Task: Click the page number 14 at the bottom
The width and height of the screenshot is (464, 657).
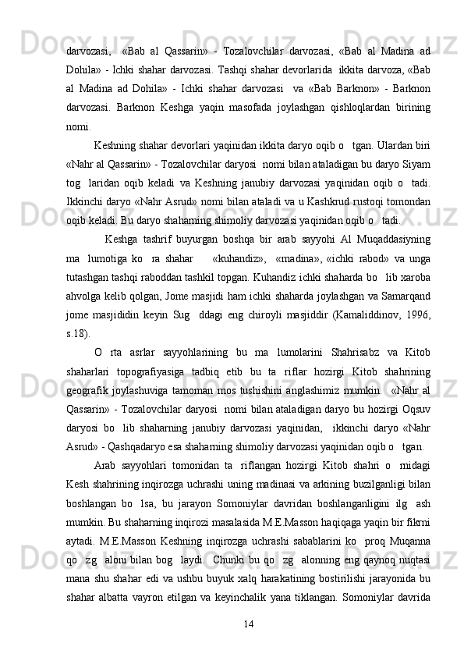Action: [x=249, y=623]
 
